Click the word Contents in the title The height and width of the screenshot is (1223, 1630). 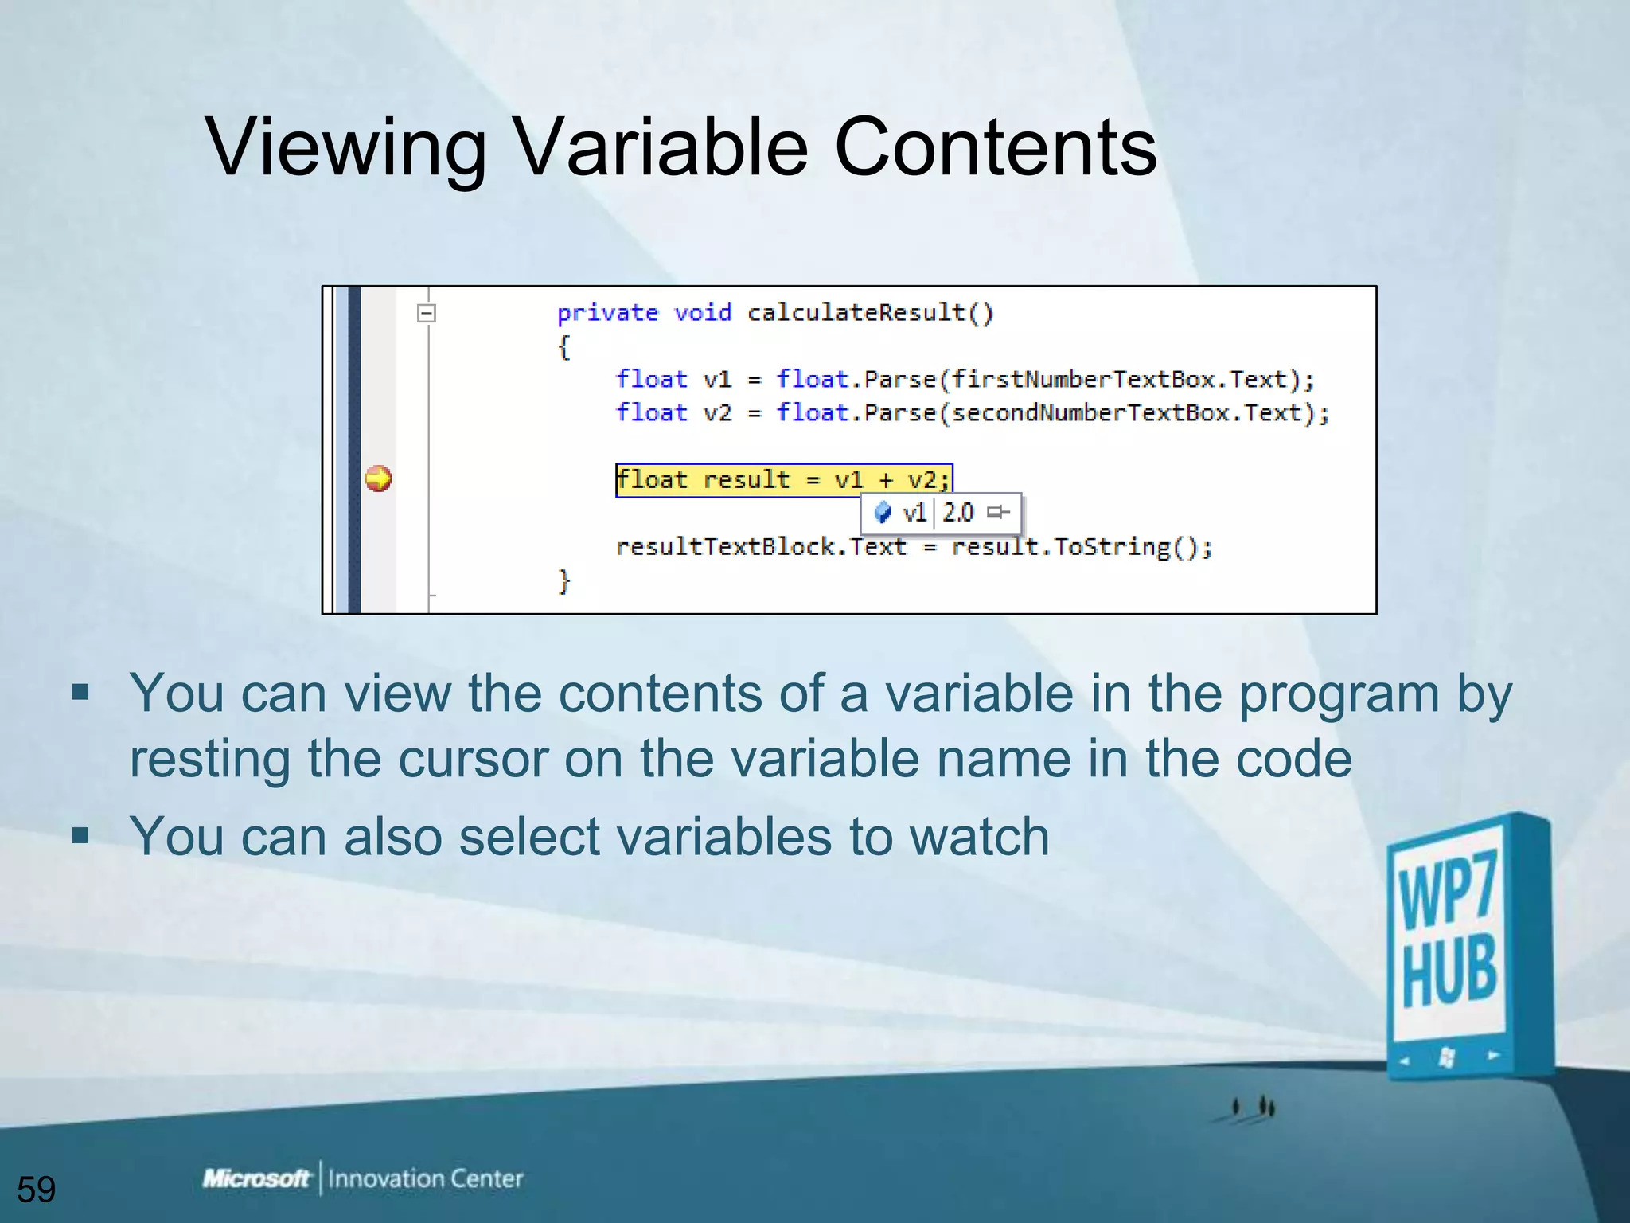[995, 148]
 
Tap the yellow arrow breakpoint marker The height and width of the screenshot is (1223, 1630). [378, 479]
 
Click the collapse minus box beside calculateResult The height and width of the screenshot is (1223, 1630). [427, 313]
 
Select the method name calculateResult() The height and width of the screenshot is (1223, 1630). [870, 313]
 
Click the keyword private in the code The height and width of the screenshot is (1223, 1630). [607, 313]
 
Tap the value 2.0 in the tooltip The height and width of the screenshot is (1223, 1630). [957, 512]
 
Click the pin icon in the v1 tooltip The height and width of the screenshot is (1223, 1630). [998, 512]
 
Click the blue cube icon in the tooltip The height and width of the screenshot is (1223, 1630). [883, 512]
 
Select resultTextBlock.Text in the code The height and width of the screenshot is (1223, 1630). [761, 547]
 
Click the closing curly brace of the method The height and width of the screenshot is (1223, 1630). [564, 580]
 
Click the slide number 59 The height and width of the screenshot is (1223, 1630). [37, 1190]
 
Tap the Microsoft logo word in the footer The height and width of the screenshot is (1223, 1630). [255, 1178]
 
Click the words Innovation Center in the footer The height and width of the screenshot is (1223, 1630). [425, 1178]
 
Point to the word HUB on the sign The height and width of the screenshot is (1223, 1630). [1449, 973]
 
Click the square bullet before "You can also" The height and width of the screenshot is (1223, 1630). [80, 835]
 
